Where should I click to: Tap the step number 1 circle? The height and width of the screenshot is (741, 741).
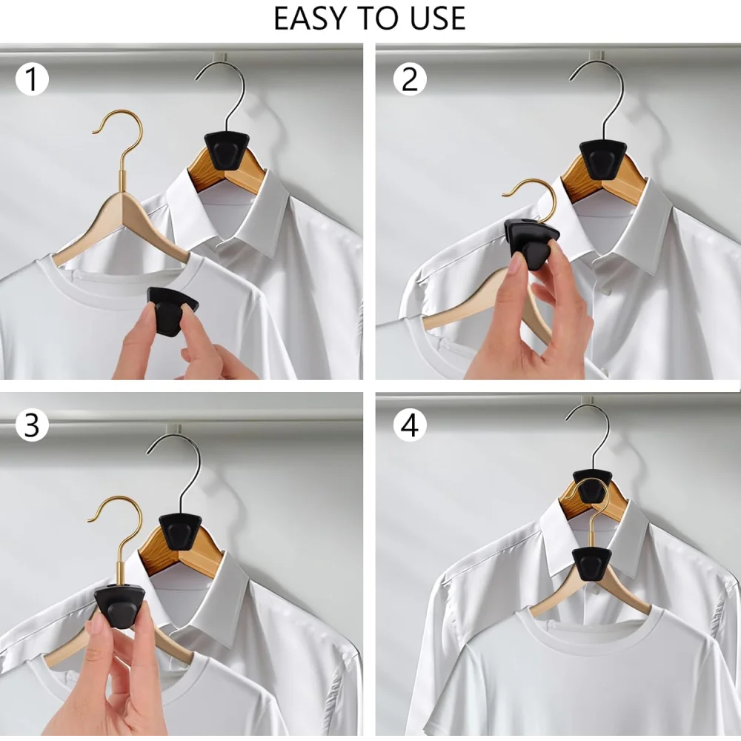[32, 79]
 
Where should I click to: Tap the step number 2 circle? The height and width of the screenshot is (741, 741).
[409, 79]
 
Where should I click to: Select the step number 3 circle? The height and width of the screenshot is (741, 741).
[32, 425]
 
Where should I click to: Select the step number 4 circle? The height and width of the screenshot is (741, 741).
[409, 425]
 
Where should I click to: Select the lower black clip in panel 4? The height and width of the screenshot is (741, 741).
[591, 564]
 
